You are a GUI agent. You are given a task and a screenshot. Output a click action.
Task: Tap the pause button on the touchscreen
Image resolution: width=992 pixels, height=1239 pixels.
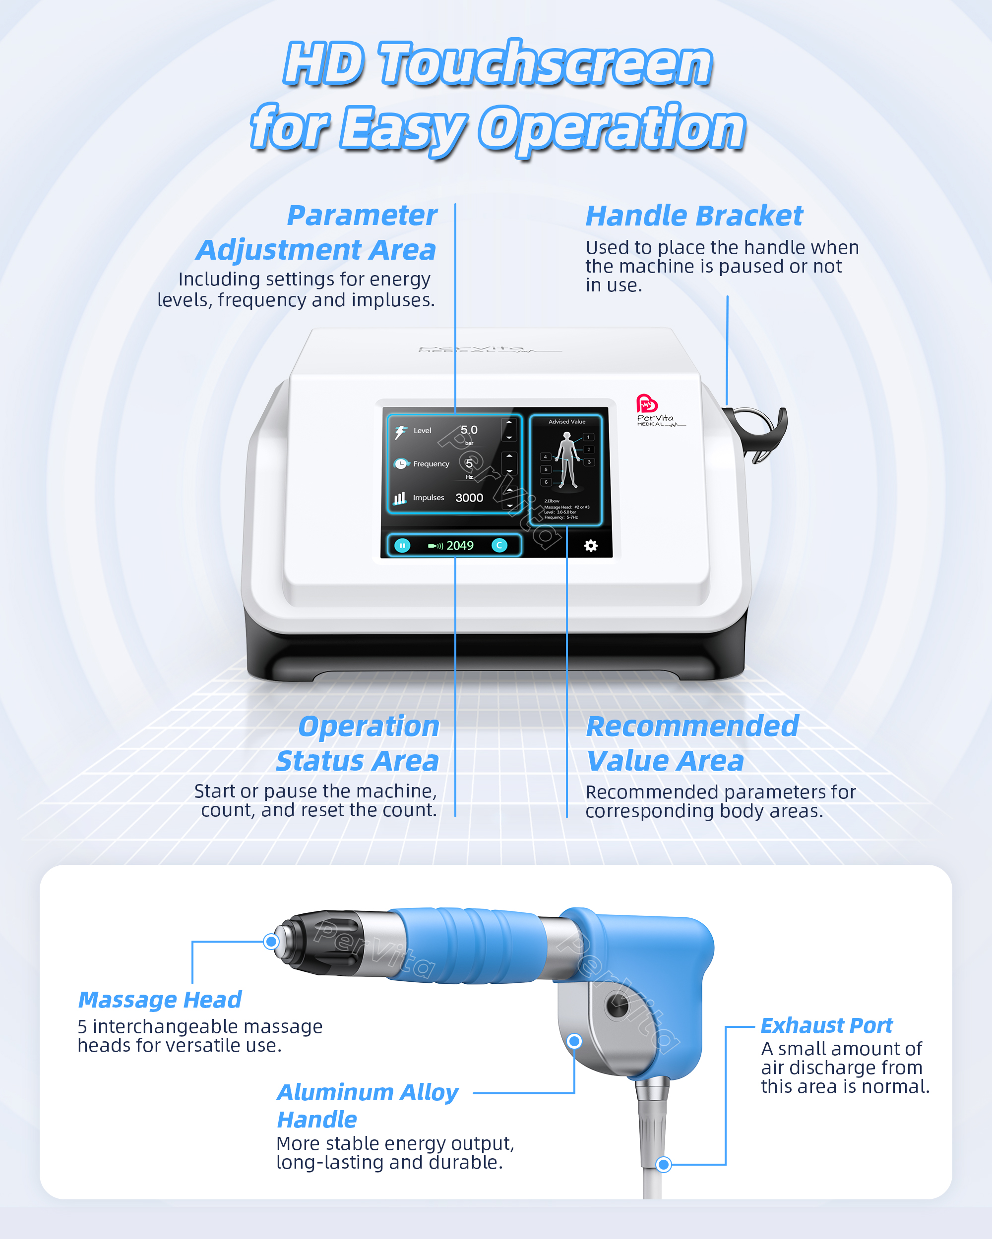tap(402, 545)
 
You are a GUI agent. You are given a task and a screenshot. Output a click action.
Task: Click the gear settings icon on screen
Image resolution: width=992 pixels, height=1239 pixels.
tap(591, 545)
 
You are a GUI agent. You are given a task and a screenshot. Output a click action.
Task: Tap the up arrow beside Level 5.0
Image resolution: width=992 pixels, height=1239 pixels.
tap(509, 422)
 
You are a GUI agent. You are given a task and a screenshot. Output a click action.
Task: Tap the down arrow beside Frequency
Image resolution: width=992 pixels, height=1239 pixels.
tap(509, 471)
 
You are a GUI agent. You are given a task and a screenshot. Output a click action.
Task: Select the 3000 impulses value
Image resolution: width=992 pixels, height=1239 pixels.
tap(469, 498)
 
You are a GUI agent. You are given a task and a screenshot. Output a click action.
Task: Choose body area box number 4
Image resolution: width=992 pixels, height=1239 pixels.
tap(545, 457)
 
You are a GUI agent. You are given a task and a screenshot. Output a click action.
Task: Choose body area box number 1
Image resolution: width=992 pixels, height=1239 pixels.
tap(588, 437)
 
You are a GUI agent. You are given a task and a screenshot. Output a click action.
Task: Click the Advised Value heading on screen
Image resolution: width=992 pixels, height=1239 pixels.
tap(566, 421)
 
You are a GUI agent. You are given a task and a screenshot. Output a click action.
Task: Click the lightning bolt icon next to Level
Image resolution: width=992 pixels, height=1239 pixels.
tap(401, 432)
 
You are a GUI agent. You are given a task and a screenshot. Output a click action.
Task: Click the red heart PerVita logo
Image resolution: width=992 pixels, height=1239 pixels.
tap(646, 403)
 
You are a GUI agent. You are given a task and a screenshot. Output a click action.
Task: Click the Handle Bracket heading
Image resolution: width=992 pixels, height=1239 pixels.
tap(693, 216)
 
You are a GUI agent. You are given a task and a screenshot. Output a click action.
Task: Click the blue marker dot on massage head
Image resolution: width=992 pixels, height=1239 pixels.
tap(271, 941)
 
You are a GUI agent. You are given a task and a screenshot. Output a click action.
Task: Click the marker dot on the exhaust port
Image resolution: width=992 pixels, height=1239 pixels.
tap(664, 1164)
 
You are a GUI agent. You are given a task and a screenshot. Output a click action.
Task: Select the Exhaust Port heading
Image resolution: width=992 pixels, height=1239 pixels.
tap(826, 1025)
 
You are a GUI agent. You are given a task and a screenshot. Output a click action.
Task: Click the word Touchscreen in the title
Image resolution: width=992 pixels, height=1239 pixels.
tap(545, 64)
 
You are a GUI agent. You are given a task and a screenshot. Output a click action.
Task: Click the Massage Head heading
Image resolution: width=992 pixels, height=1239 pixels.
tap(159, 1000)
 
